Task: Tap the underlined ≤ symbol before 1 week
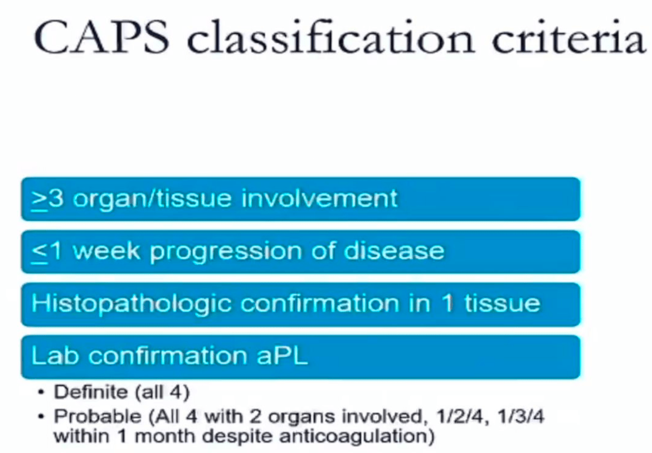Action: coord(40,252)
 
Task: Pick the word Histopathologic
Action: coord(131,304)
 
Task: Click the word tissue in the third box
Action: coord(502,303)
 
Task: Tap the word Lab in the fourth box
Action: coord(55,356)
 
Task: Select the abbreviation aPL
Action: coord(282,356)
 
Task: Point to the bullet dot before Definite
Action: coord(40,392)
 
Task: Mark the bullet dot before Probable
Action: coord(40,417)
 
